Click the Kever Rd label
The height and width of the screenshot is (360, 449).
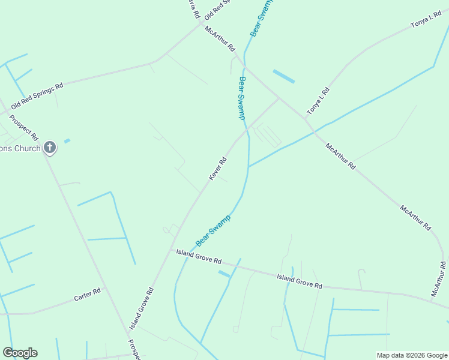point(218,168)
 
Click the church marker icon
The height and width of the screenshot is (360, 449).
point(50,147)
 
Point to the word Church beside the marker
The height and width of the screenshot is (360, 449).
point(28,148)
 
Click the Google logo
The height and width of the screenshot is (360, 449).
point(20,353)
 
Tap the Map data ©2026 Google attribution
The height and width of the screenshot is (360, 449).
point(412,355)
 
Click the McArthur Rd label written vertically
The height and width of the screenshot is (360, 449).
point(439,279)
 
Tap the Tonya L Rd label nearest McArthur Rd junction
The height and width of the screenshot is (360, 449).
point(318,101)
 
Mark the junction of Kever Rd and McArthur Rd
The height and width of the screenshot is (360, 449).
point(279,98)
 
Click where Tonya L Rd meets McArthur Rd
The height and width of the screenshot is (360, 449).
point(306,119)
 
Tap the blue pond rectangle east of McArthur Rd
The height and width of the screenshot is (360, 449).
point(284,76)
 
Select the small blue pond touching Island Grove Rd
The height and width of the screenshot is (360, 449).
point(224,274)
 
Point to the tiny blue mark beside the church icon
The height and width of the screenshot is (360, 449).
point(67,141)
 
